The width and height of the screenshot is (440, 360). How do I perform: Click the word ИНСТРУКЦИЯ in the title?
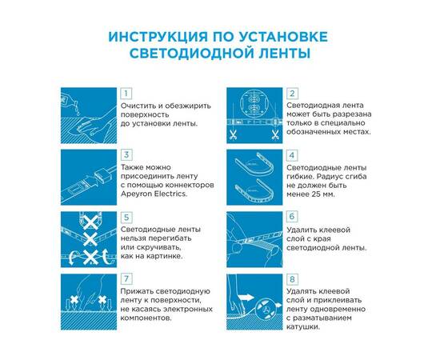(150, 38)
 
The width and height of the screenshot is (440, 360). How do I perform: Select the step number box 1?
(126, 93)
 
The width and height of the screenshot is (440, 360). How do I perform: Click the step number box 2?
(292, 93)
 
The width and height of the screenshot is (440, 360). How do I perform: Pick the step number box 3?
(126, 154)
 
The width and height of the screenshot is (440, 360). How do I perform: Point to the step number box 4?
(292, 154)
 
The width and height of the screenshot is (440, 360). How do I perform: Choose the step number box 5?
(126, 217)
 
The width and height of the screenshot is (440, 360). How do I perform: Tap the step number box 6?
(292, 217)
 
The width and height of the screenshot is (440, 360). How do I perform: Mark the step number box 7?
(126, 278)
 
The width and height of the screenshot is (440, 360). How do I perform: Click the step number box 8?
(292, 278)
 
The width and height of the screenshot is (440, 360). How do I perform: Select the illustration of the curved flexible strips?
(254, 174)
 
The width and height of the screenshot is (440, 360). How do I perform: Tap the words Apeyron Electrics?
(154, 194)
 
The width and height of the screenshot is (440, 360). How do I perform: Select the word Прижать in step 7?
(138, 291)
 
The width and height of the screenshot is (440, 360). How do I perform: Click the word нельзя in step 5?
(136, 238)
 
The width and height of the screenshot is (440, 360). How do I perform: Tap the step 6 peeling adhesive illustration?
(254, 237)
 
